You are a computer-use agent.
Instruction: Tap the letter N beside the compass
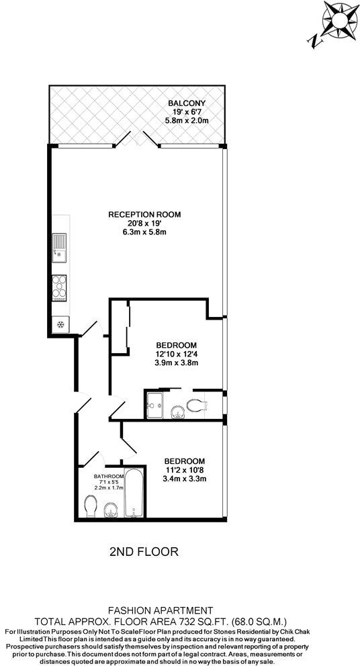[x=313, y=41]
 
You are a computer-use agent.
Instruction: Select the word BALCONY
[x=187, y=103]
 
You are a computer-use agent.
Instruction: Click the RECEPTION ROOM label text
[x=144, y=215]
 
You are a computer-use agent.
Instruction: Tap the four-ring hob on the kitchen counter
[x=60, y=287]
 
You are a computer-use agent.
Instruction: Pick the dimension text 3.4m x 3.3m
[x=185, y=479]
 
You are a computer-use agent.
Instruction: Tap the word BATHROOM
[x=109, y=476]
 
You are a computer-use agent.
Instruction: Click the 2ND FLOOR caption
[x=143, y=552]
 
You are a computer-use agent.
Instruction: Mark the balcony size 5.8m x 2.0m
[x=187, y=120]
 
